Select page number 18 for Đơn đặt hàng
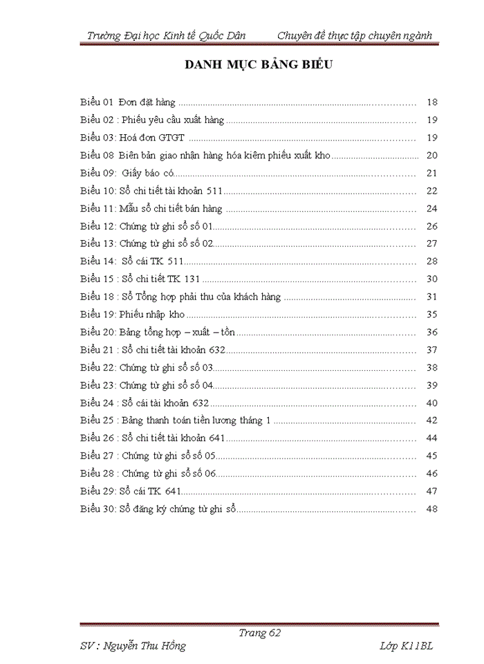pyautogui.click(x=432, y=102)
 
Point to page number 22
pyautogui.click(x=432, y=191)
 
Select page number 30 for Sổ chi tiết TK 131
pyautogui.click(x=432, y=279)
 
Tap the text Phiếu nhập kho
pyautogui.click(x=151, y=314)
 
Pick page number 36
pyautogui.click(x=432, y=332)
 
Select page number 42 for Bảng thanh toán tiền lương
pyautogui.click(x=432, y=420)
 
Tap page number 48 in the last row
pyautogui.click(x=432, y=509)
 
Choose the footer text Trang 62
pyautogui.click(x=259, y=633)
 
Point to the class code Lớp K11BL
pyautogui.click(x=406, y=646)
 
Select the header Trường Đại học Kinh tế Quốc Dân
pyautogui.click(x=167, y=36)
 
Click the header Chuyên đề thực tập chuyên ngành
pyautogui.click(x=355, y=36)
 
